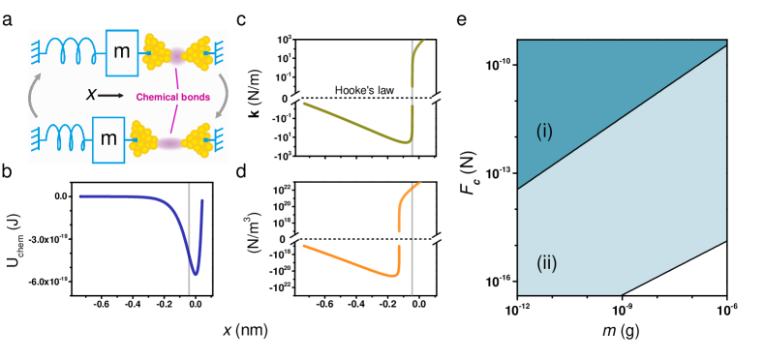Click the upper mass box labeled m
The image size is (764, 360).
121,53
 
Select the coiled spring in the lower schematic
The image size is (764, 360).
66,139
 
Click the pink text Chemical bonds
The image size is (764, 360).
172,97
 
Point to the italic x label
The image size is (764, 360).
91,95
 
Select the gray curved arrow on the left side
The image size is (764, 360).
36,96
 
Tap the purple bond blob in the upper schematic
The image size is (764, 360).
175,53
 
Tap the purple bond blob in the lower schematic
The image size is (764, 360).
171,143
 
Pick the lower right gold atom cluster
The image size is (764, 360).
198,141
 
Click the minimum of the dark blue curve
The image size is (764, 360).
195,273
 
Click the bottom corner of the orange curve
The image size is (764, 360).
397,275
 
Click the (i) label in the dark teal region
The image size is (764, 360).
544,131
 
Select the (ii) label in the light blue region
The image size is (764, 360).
546,263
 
